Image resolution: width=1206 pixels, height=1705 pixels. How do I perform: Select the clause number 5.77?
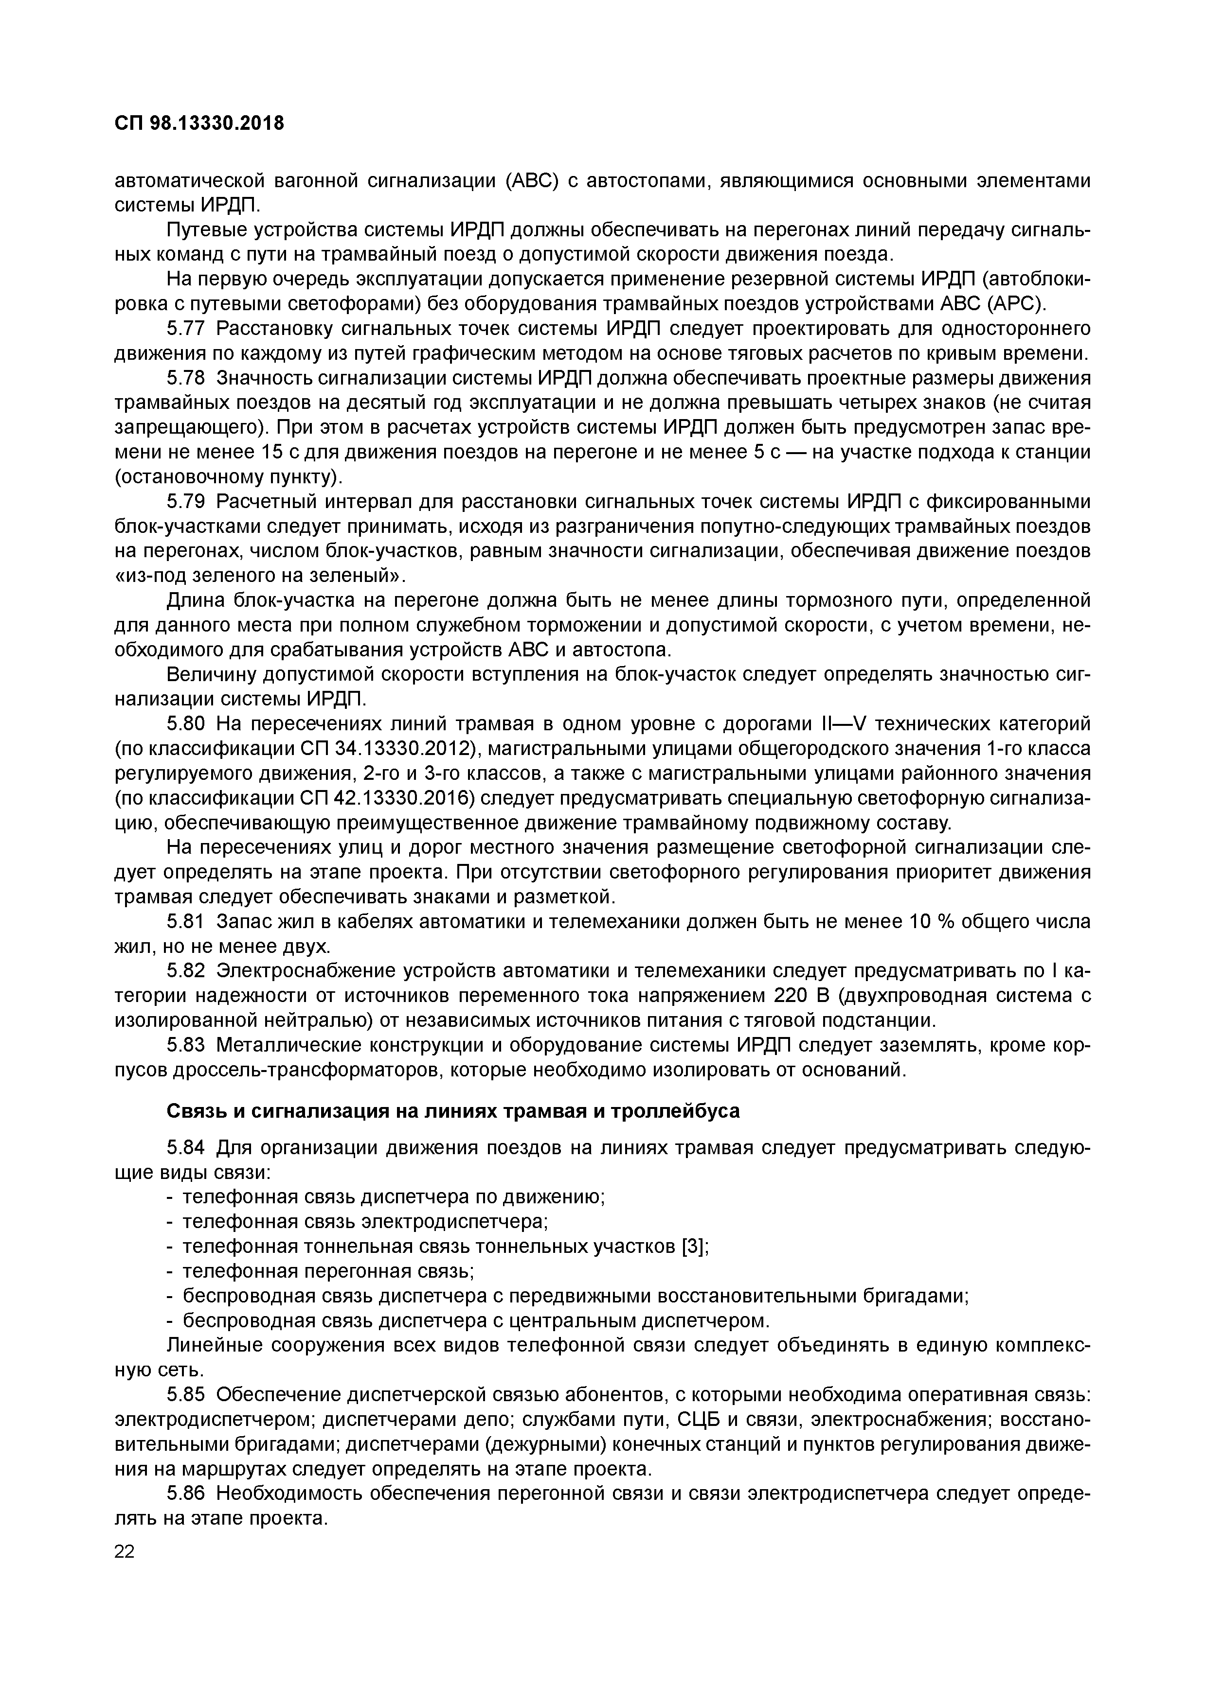click(x=186, y=329)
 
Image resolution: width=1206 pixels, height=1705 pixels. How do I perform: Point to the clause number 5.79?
click(x=186, y=502)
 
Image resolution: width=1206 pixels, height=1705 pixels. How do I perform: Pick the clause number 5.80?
click(x=186, y=724)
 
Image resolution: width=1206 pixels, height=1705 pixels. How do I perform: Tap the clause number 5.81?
click(x=186, y=922)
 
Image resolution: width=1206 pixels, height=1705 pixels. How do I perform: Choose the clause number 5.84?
click(x=186, y=1148)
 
